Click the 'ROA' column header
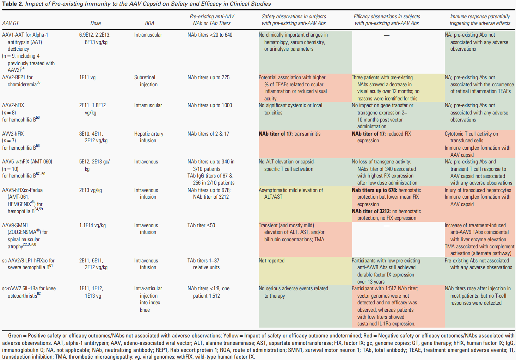click(x=149, y=23)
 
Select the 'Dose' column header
click(x=95, y=23)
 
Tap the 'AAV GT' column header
click(x=11, y=23)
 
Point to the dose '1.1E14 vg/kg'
click(x=92, y=225)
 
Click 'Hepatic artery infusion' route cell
click(x=148, y=137)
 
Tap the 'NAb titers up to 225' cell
click(x=208, y=77)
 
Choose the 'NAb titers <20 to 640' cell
click(x=210, y=35)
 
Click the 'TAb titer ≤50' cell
click(x=201, y=225)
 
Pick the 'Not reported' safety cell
click(x=271, y=261)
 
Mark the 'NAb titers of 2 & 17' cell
click(x=208, y=134)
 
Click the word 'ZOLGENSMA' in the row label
click(x=22, y=232)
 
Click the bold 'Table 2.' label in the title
click(x=12, y=4)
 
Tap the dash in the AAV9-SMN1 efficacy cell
click(x=387, y=225)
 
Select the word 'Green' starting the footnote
click(x=15, y=336)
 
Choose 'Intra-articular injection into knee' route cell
click(x=148, y=299)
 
